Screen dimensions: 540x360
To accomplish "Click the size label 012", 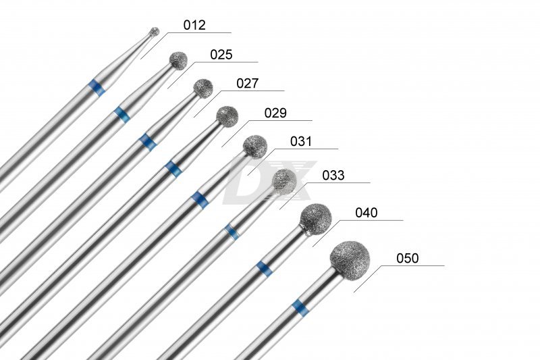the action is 194,25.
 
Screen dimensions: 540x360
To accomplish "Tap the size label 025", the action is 221,55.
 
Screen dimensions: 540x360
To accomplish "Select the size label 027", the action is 248,83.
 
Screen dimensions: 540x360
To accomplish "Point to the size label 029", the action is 275,113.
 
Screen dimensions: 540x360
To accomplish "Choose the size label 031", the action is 301,141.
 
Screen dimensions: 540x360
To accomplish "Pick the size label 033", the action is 333,176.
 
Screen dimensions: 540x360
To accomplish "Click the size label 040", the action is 367,213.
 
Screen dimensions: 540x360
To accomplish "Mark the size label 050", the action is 408,258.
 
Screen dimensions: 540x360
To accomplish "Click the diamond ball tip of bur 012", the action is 155,32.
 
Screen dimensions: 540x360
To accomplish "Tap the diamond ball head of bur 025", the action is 178,61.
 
